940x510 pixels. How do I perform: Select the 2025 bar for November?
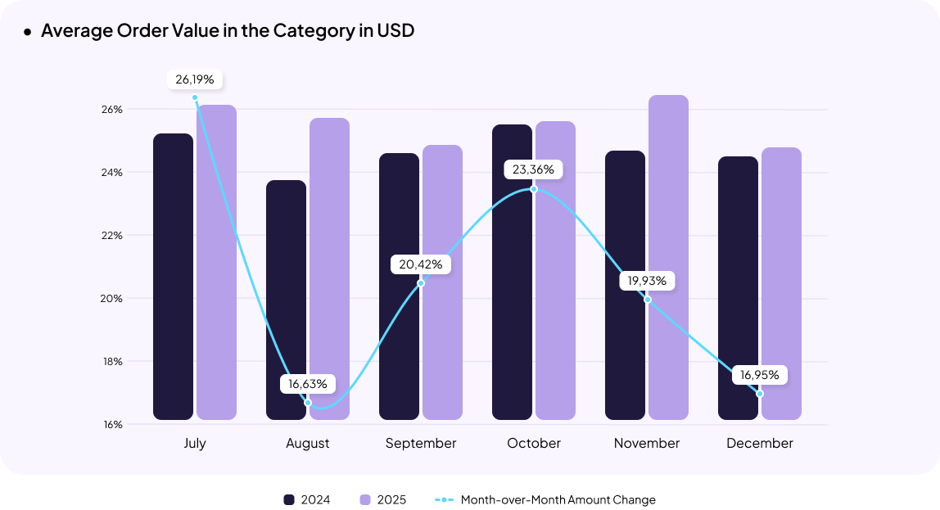click(668, 258)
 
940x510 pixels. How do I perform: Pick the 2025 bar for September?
click(442, 282)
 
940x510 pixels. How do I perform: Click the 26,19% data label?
click(195, 79)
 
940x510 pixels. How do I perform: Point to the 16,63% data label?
click(308, 383)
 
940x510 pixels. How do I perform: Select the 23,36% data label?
click(534, 170)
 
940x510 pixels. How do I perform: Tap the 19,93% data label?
click(647, 281)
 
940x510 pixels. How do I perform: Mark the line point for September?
click(421, 283)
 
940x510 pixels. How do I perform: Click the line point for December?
click(760, 394)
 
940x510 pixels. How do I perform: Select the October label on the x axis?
click(534, 443)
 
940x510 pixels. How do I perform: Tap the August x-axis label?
click(308, 443)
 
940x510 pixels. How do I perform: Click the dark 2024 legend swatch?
click(289, 499)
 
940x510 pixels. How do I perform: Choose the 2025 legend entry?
click(382, 499)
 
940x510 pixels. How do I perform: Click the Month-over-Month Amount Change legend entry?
click(545, 499)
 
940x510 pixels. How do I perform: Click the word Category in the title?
click(312, 31)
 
